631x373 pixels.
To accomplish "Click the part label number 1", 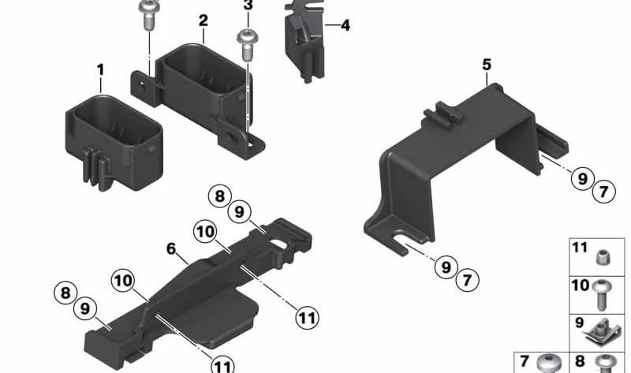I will tap(100, 71).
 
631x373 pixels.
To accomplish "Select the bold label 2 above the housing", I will tap(203, 20).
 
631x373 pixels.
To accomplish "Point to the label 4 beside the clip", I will tap(345, 25).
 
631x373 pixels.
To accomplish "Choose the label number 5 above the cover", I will tap(487, 65).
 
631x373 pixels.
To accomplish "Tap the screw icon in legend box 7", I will tap(547, 364).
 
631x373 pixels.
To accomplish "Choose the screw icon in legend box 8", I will tap(606, 364).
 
